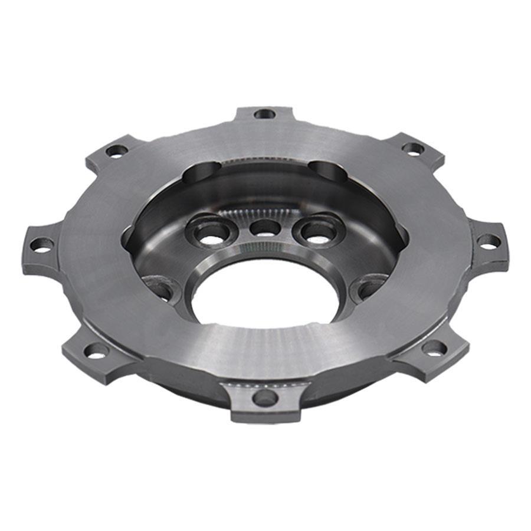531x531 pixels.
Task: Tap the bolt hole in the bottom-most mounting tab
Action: coord(264,398)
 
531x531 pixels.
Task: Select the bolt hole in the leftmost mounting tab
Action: coord(41,244)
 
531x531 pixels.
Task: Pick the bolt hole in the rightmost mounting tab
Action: coord(489,241)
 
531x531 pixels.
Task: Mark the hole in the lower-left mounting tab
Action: coord(96,352)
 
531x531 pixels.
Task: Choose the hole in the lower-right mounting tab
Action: coord(434,348)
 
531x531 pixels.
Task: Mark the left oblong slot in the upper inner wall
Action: coord(201,175)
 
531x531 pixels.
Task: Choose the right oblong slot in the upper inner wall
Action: coord(329,172)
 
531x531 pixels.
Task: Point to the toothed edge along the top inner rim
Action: coord(265,160)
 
